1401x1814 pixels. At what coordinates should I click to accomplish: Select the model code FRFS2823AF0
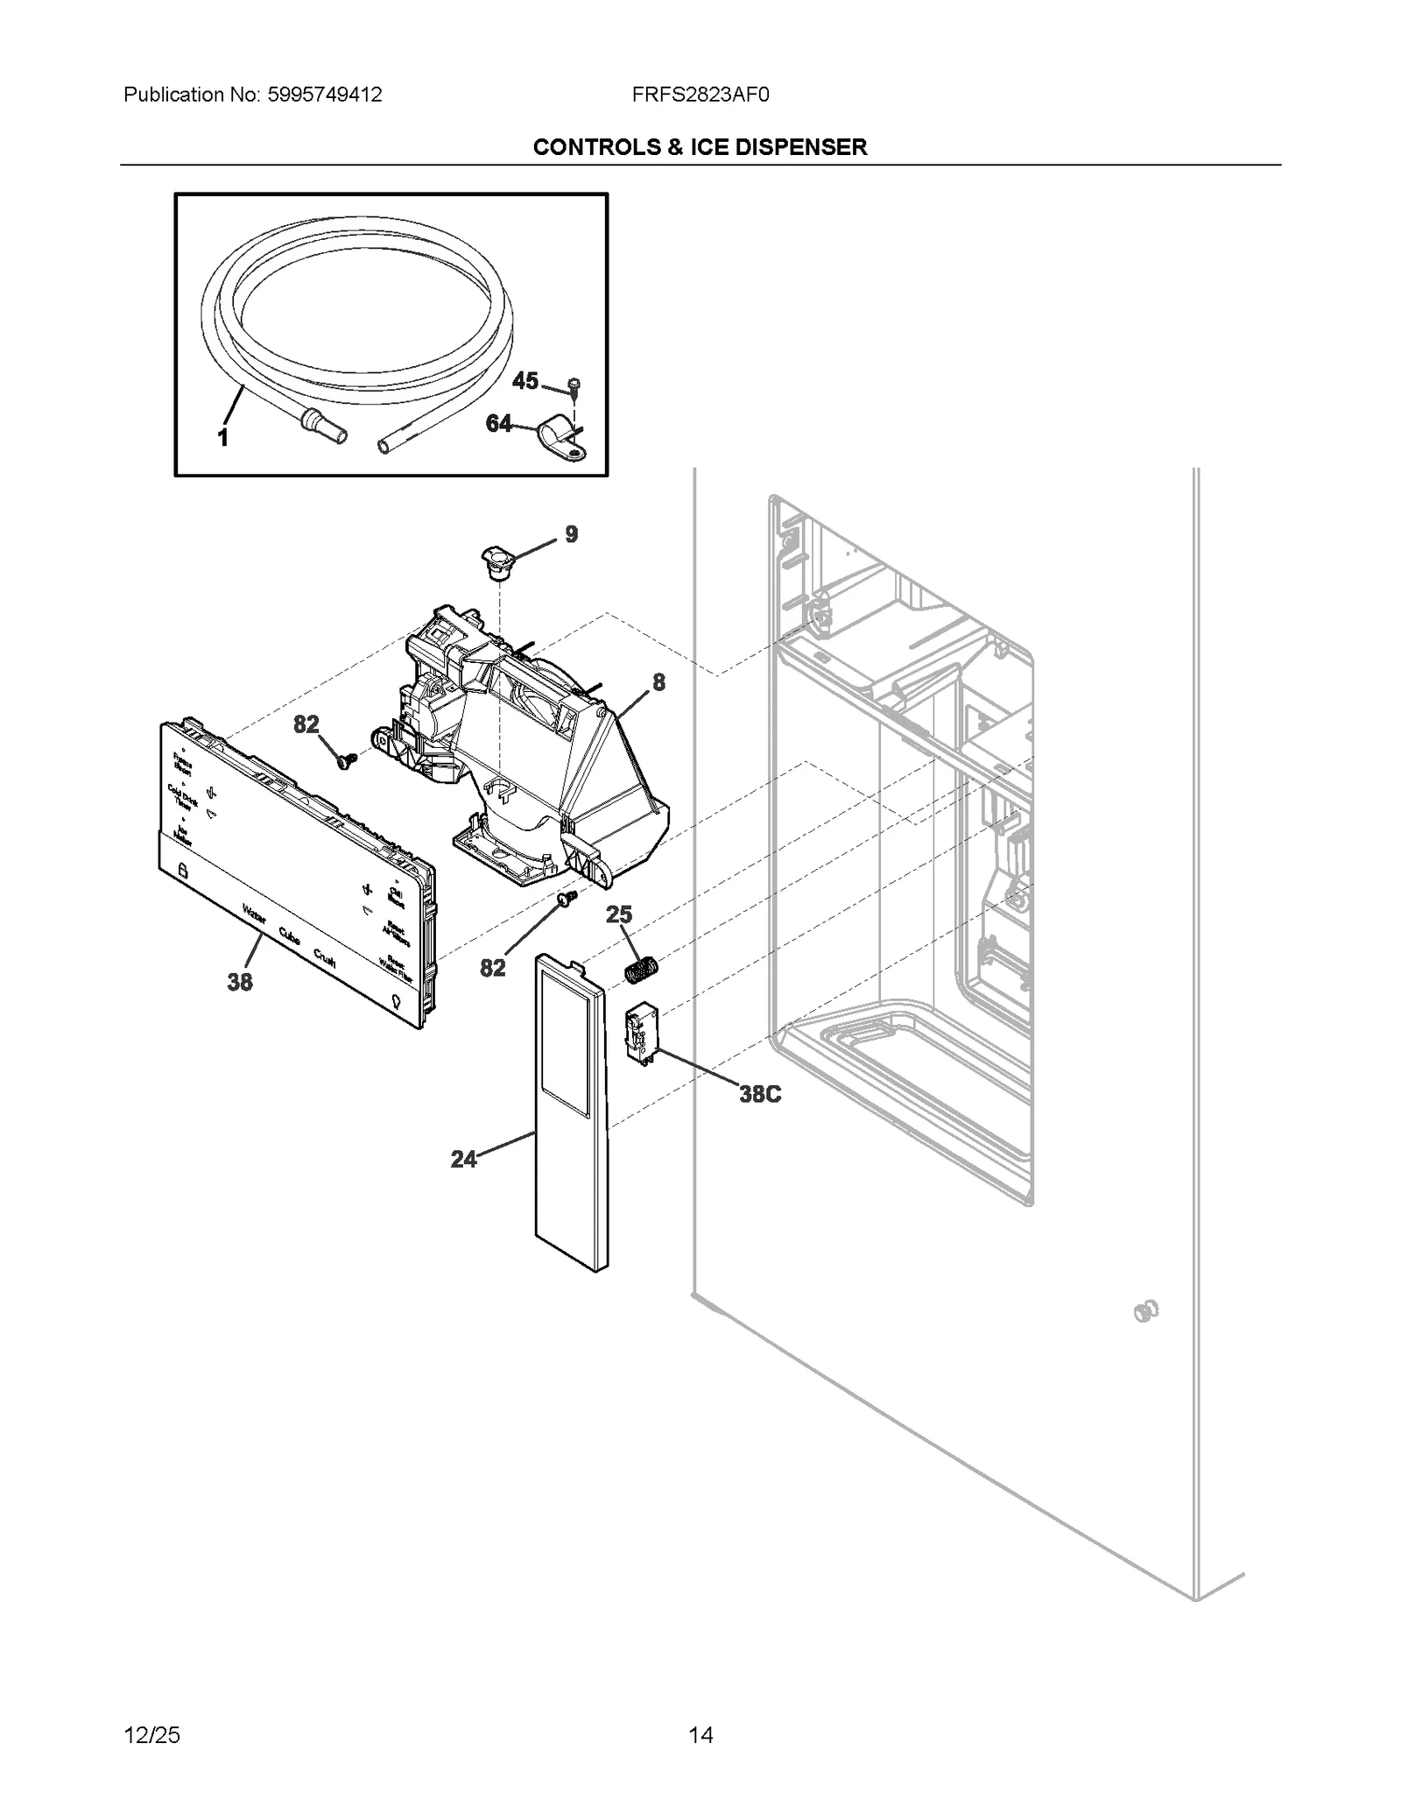(700, 95)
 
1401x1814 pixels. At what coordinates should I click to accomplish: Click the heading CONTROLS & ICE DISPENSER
(700, 147)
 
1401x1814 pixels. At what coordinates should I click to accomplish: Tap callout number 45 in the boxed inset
(524, 381)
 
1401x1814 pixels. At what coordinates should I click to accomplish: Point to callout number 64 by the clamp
(498, 424)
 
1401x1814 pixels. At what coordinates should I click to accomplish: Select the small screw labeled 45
(574, 386)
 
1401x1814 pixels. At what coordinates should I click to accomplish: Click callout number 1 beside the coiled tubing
(222, 437)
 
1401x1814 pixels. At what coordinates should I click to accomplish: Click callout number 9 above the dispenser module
(571, 534)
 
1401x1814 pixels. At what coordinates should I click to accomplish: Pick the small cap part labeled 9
(495, 561)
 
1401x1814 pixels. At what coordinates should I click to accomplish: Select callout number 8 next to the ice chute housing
(658, 682)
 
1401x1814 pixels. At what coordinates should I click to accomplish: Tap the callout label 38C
(759, 1094)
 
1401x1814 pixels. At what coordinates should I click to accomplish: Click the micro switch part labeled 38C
(641, 1034)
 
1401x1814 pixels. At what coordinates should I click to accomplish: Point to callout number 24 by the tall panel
(463, 1160)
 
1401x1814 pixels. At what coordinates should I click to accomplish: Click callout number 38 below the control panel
(240, 983)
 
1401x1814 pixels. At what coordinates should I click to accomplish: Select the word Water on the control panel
(254, 916)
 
